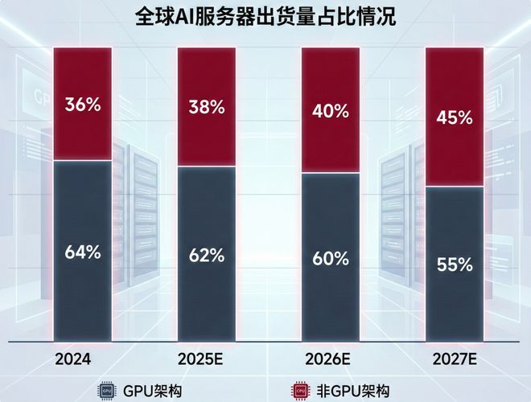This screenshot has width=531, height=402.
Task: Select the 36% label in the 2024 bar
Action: tap(83, 105)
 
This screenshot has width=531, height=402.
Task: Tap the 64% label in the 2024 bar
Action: tap(83, 252)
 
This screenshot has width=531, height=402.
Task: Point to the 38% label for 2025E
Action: tap(207, 107)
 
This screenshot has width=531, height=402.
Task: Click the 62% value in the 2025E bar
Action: tap(207, 256)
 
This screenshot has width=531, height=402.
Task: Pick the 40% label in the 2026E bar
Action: tap(331, 111)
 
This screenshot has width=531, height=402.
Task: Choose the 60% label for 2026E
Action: tap(331, 259)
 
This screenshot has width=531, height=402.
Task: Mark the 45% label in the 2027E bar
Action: tap(455, 117)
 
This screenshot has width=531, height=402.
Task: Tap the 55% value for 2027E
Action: tap(455, 264)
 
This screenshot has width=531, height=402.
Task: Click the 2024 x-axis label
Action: tap(73, 358)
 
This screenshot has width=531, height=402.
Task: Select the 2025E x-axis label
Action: tap(201, 358)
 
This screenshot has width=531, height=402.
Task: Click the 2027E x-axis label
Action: tap(455, 358)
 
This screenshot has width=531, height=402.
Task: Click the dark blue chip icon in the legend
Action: tap(106, 391)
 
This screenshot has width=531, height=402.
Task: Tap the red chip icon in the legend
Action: tap(299, 391)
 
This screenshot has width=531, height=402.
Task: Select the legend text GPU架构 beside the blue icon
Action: tap(149, 391)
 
